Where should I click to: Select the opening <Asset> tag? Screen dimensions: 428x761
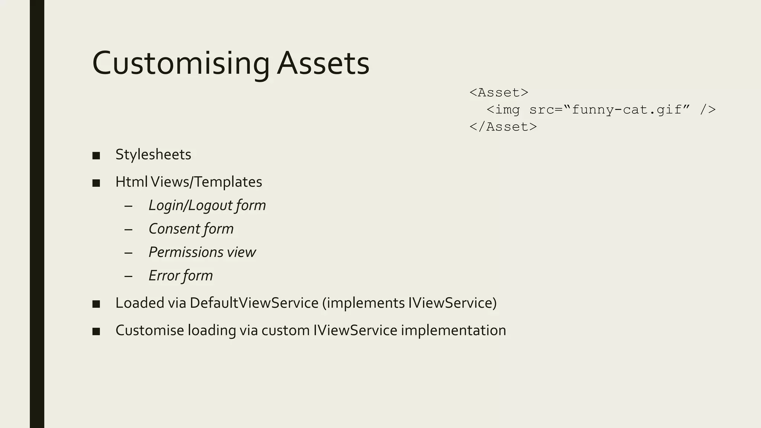pos(499,93)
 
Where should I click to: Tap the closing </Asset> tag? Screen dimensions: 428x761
pos(503,127)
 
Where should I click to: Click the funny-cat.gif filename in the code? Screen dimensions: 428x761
pos(627,110)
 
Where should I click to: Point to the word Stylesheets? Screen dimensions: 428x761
pos(153,155)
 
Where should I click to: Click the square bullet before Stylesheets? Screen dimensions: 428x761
pos(96,156)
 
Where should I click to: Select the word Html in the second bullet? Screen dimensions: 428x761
pos(131,182)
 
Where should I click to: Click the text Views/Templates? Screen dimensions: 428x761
pos(207,182)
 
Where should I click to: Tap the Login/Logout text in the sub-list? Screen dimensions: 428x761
pos(187,205)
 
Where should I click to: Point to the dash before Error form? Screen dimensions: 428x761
pos(129,276)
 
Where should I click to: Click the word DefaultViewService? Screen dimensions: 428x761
pos(254,303)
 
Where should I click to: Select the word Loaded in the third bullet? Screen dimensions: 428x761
pos(140,303)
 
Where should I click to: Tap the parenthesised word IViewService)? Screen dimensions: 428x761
pos(452,303)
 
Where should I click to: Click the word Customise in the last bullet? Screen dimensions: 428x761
pos(150,330)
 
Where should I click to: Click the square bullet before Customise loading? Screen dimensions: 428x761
pos(96,331)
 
